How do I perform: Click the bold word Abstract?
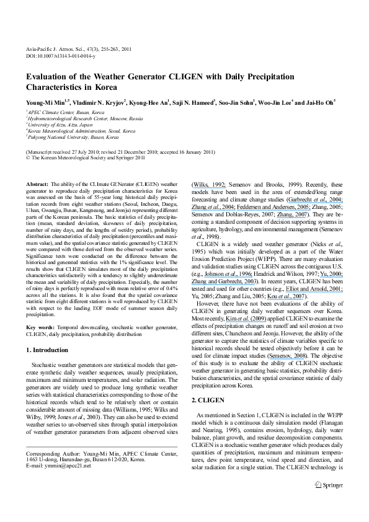point(35,184)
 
